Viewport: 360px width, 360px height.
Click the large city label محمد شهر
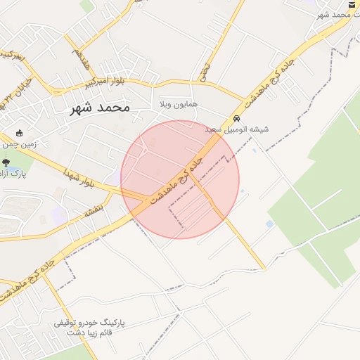coord(101,108)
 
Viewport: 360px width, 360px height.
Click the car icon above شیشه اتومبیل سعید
coord(237,119)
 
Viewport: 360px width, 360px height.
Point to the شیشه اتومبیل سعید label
coord(237,129)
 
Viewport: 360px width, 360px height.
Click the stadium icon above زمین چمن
coord(19,134)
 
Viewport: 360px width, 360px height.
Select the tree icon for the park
coord(6,163)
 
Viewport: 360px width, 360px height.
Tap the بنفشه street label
coord(94,209)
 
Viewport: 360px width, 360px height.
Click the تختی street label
coord(205,69)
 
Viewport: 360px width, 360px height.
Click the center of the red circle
coord(180,179)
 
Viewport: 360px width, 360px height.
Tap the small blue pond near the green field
coord(270,224)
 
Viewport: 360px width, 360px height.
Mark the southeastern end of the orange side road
coord(264,268)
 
